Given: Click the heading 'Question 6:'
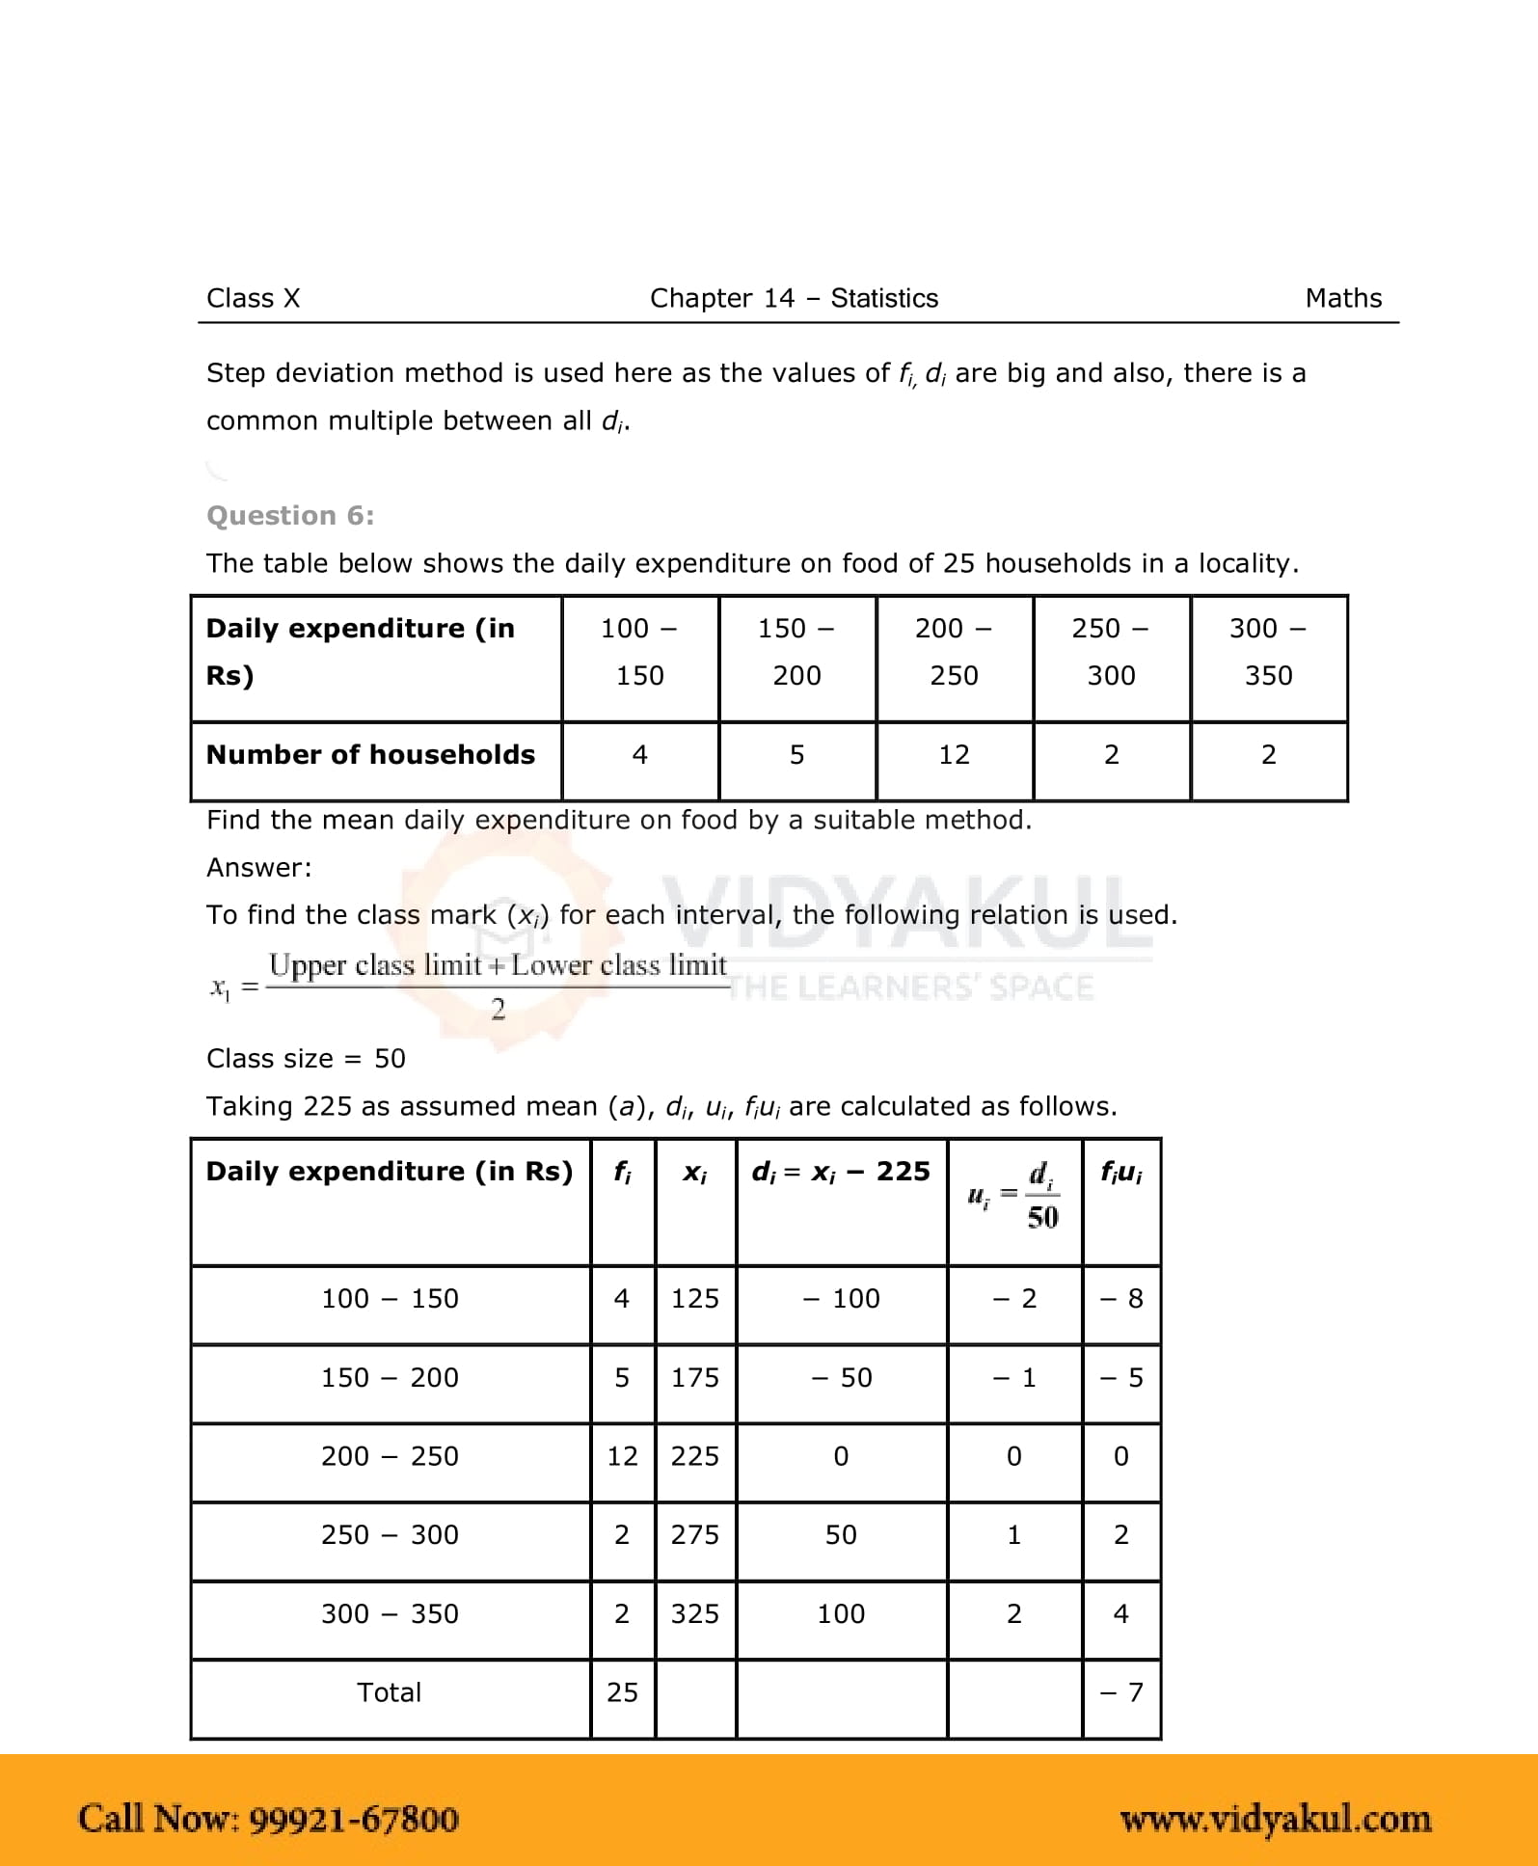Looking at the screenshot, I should click(290, 516).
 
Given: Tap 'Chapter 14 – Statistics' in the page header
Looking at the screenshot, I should click(794, 299).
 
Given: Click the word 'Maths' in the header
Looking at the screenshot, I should click(1343, 299).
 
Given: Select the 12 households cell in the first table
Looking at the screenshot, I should click(954, 755).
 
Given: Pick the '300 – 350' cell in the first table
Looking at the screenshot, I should click(1268, 652).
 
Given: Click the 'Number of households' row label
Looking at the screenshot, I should click(370, 755).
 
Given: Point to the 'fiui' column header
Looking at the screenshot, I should click(1121, 1173).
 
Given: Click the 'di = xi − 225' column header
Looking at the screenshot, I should click(841, 1173).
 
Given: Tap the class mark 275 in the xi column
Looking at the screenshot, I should click(694, 1535).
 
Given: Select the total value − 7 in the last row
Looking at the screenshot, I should click(1121, 1692).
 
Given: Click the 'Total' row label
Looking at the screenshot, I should click(390, 1692).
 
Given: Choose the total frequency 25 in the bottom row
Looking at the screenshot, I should click(622, 1692).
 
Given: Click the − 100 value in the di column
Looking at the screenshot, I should click(841, 1299).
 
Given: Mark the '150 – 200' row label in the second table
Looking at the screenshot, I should click(390, 1378).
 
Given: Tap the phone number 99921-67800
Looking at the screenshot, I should click(354, 1820).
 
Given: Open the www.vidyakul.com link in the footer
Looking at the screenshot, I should click(1276, 1820).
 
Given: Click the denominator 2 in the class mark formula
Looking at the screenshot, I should click(498, 1010).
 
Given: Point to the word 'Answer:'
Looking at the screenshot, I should click(259, 868).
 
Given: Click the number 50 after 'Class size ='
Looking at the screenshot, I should click(390, 1059).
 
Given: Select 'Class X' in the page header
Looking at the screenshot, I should click(254, 299).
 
